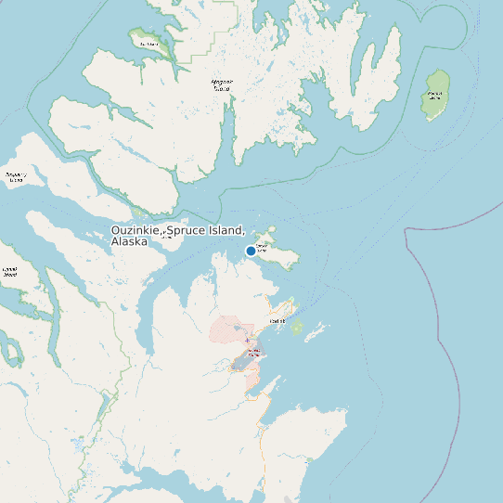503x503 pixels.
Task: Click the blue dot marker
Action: [x=251, y=251]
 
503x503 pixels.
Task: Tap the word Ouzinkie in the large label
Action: [x=135, y=230]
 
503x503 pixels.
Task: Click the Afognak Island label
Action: [x=222, y=84]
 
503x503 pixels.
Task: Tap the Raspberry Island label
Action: [x=16, y=176]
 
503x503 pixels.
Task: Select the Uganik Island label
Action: [x=9, y=273]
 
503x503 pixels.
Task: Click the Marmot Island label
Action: [x=435, y=95]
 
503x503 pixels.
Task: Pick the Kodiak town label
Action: [x=277, y=321]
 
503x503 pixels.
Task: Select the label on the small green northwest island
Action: [x=148, y=44]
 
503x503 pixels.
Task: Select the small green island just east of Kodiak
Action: [x=297, y=328]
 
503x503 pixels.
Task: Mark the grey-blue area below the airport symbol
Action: [x=244, y=362]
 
